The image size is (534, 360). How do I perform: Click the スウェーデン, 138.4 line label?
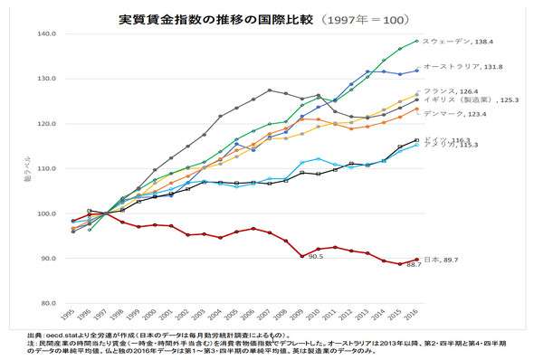(459, 41)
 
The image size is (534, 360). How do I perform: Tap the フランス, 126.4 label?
(453, 90)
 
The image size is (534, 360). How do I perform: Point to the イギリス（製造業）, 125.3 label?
(465, 100)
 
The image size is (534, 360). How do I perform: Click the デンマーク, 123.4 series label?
(456, 114)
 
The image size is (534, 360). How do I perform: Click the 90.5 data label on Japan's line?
(315, 257)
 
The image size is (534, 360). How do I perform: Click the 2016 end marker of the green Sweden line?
(416, 41)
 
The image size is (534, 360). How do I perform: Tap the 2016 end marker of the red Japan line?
(416, 260)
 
